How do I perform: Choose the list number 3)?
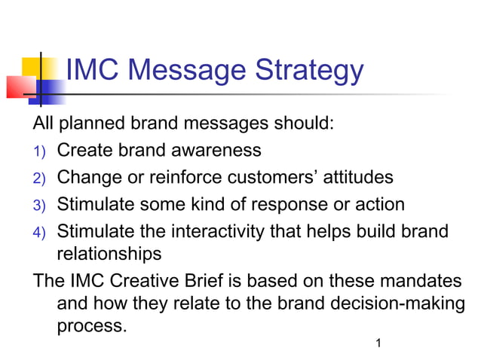[38, 206]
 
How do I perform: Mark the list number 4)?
[38, 233]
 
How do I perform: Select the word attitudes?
[351, 178]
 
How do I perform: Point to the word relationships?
[109, 254]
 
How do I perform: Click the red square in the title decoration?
[20, 87]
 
